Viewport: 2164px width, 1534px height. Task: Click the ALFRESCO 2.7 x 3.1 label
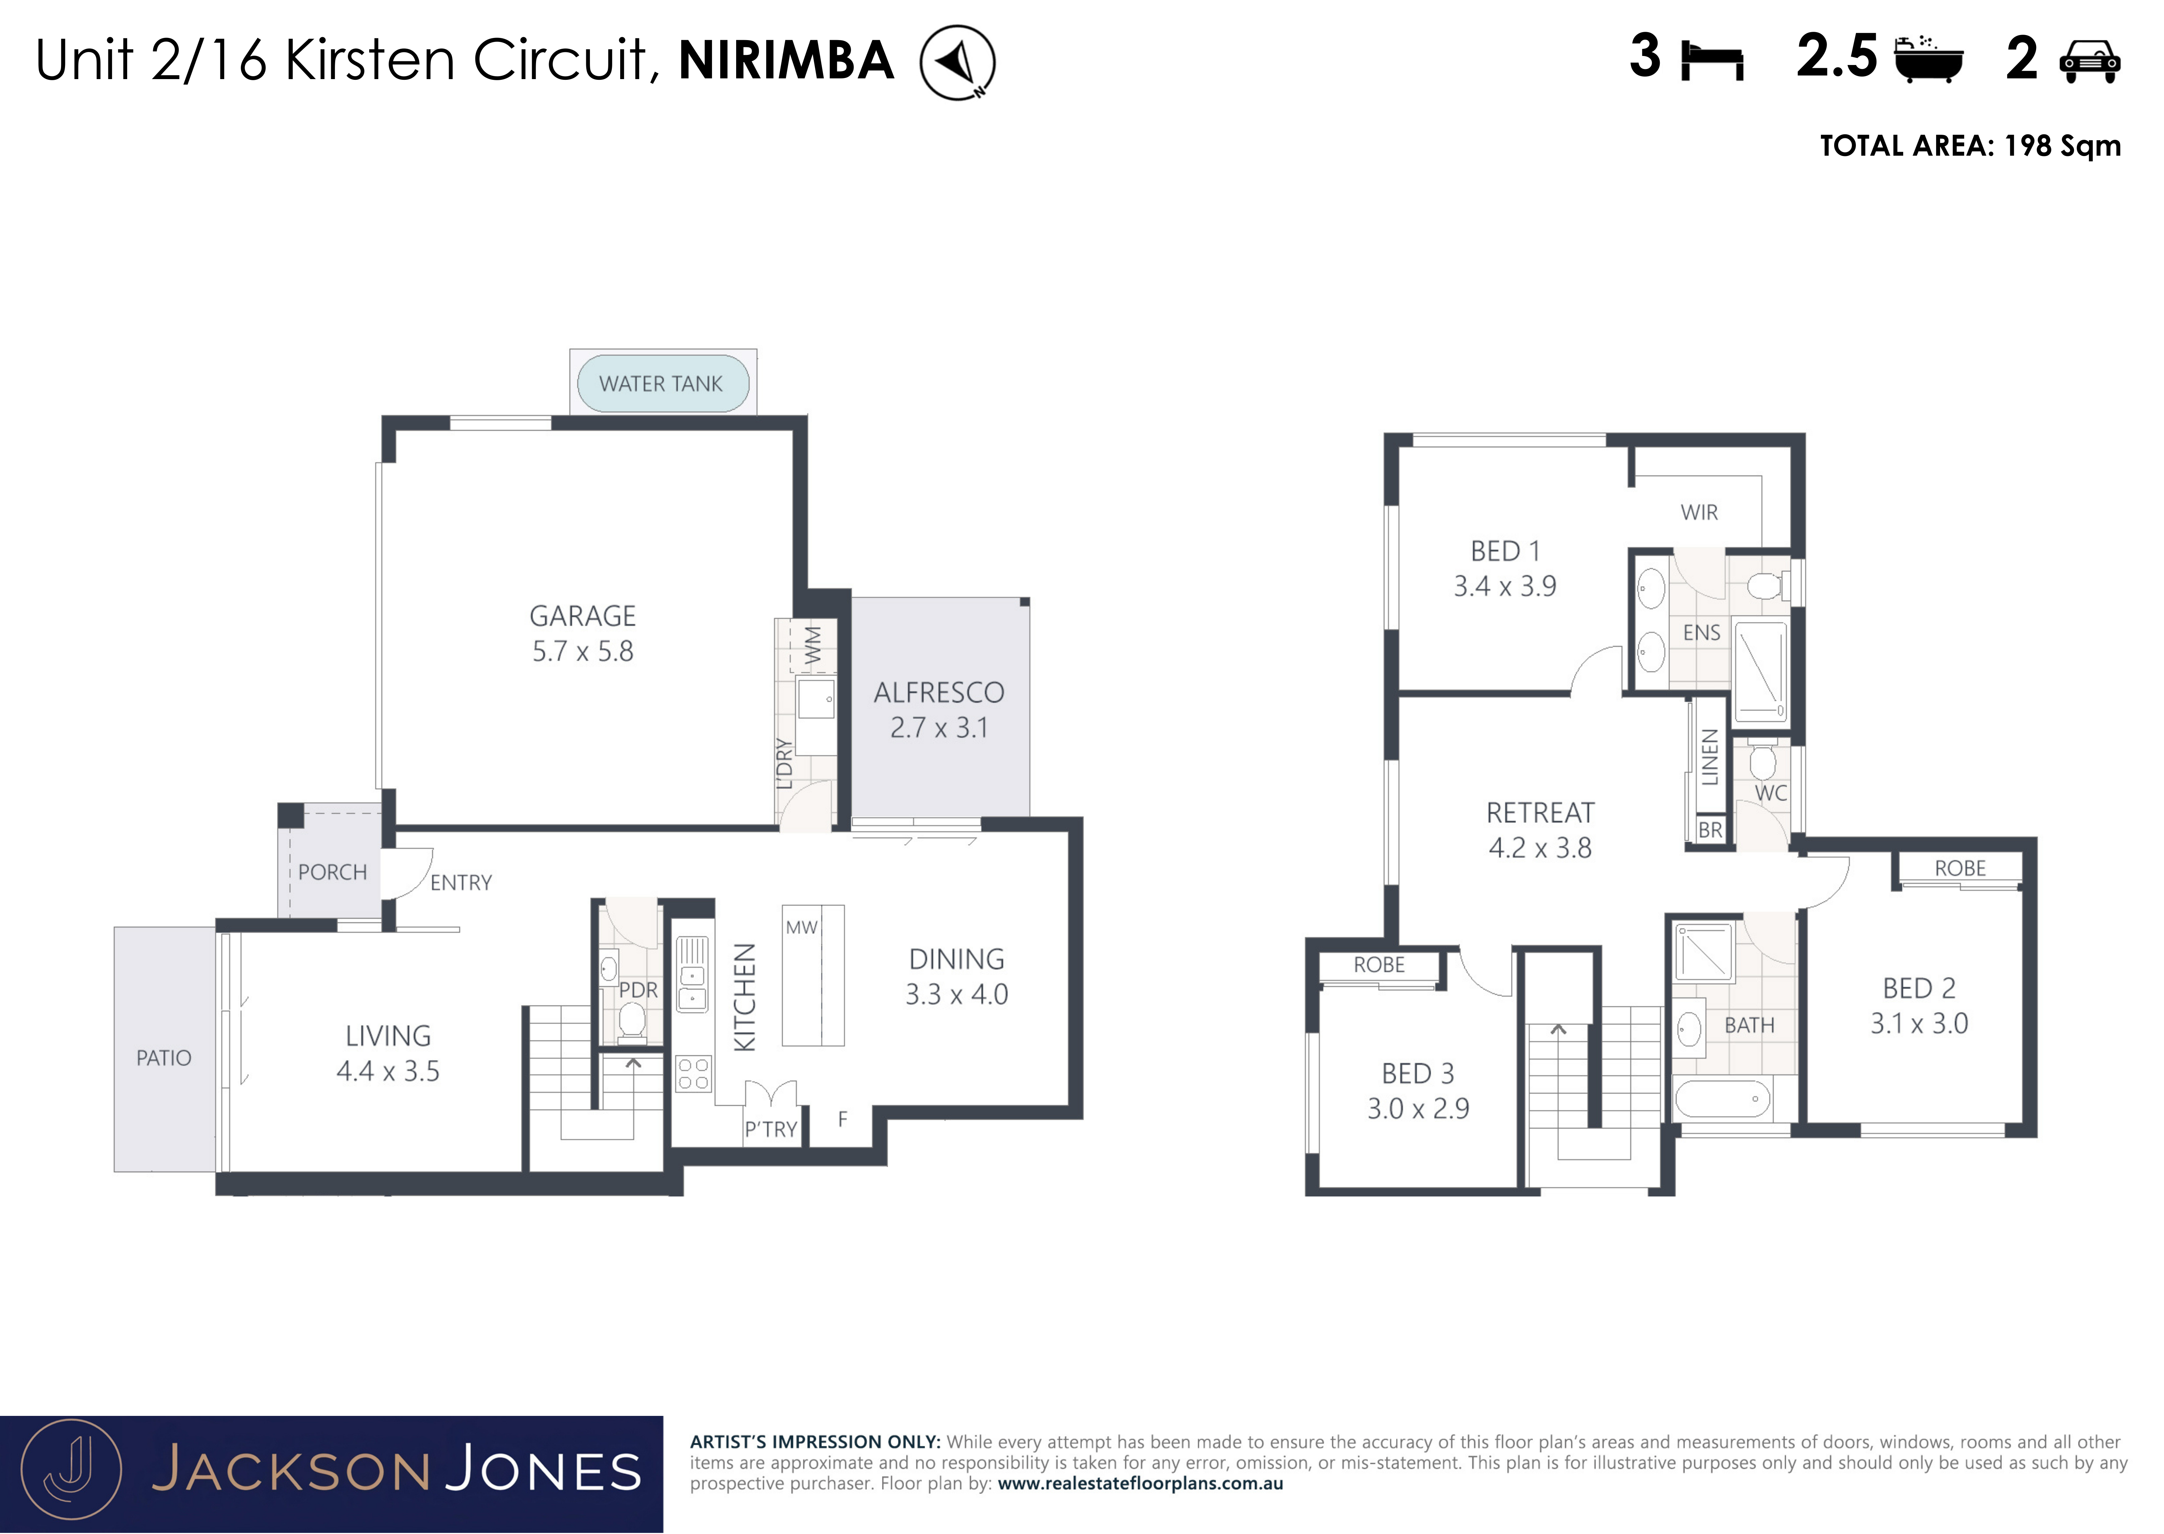coord(939,709)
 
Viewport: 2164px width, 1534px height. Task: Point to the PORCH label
coord(332,872)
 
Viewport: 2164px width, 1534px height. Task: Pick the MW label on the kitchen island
coord(801,928)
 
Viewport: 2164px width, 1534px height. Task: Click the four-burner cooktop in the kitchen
coord(693,1074)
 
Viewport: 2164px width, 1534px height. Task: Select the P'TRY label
coord(771,1129)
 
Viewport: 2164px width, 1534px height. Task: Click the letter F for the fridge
coord(843,1119)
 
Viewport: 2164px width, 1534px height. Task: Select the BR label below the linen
coord(1710,830)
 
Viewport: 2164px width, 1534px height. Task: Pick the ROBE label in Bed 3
coord(1379,964)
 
